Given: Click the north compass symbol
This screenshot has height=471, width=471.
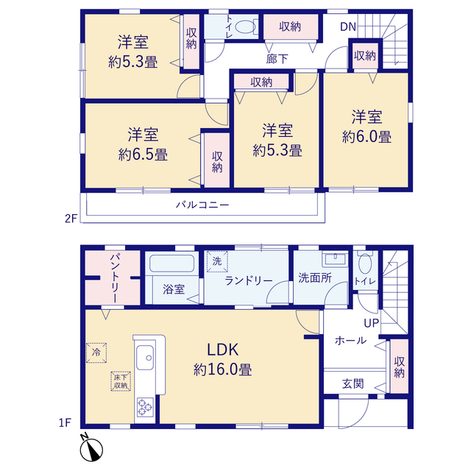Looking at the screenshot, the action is pos(91,448).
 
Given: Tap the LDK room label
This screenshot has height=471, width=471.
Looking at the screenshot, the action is pos(223,350).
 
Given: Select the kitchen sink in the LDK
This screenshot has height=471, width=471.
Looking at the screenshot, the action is pos(145,358).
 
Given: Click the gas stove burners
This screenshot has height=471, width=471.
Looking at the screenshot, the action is pos(146,407).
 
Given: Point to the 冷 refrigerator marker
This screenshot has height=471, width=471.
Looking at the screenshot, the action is pos(96,353).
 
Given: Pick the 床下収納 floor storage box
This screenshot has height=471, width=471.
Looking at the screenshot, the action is pos(121,381).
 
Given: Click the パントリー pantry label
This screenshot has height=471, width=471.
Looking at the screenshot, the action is pos(115,278).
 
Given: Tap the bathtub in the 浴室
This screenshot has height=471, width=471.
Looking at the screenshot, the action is pos(171,263).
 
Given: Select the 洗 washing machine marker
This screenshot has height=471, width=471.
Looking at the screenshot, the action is pos(217,261).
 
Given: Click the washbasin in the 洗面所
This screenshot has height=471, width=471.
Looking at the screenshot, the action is pos(335,260).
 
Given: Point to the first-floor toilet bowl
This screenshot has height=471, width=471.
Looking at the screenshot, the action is pos(365,263).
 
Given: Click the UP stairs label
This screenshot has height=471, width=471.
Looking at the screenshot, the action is pos(372,323).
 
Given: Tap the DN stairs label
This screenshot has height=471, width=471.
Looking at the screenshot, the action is pos(348,27).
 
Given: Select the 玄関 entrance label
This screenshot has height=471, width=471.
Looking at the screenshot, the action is pos(353,383).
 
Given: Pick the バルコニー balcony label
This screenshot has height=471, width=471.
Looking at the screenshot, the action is pos(202,205).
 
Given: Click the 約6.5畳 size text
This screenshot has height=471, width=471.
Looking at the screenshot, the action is pos(143,155).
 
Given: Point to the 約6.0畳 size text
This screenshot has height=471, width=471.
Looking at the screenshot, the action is pos(366,137).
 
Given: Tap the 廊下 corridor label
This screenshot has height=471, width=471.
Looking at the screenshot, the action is pos(277,59).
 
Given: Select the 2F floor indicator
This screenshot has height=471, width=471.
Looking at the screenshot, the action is pos(71,219).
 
